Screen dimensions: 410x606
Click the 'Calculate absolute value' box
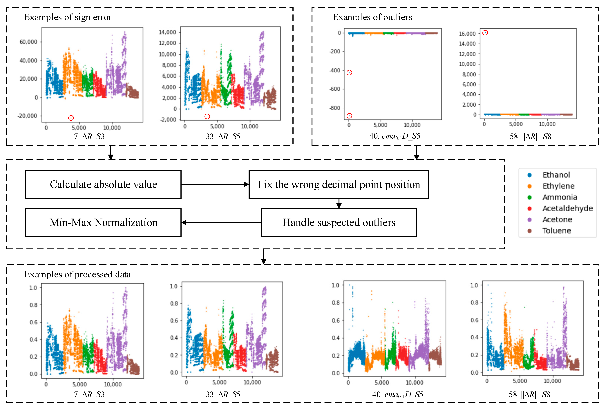pyautogui.click(x=103, y=184)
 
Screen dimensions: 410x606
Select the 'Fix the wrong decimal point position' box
pyautogui.click(x=339, y=184)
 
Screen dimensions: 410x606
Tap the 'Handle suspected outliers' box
pyautogui.click(x=339, y=222)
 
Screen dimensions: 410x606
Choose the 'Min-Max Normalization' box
pyautogui.click(x=103, y=222)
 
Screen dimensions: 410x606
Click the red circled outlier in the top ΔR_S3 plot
pyautogui.click(x=71, y=118)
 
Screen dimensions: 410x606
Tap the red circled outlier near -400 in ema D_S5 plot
pyautogui.click(x=349, y=73)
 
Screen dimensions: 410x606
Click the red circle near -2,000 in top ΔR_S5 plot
pyautogui.click(x=207, y=116)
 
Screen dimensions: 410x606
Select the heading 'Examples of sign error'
pyautogui.click(x=68, y=17)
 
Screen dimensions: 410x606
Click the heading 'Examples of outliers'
pyautogui.click(x=372, y=17)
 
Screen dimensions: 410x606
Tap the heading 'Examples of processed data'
pyautogui.click(x=77, y=274)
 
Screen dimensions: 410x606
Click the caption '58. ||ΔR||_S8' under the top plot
pyautogui.click(x=530, y=136)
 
